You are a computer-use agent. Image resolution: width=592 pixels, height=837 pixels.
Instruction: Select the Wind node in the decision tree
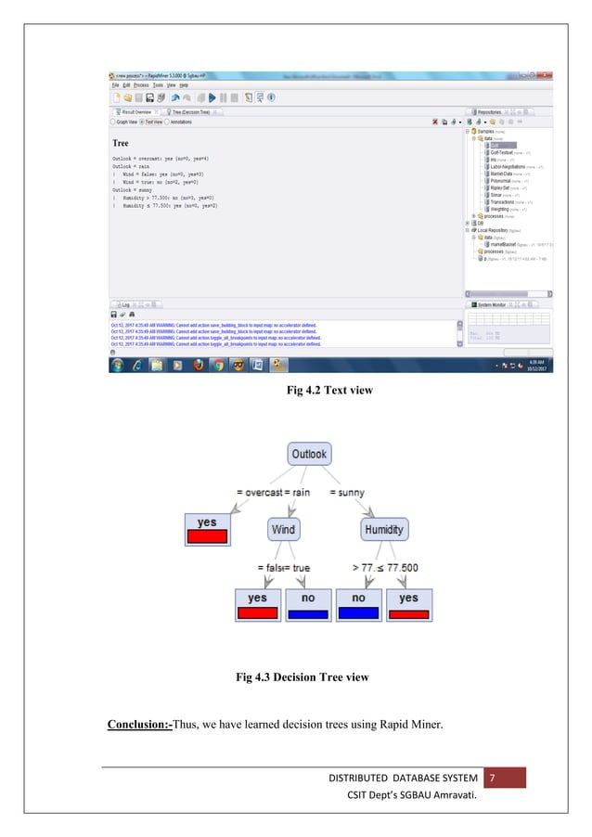283,529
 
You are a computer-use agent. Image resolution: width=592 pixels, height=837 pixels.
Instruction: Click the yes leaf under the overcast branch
207,529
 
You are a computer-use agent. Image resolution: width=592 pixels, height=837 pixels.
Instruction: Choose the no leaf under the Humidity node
358,604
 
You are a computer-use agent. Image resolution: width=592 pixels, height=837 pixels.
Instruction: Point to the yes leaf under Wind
257,604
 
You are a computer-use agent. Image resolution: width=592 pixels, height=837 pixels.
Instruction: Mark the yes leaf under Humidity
409,604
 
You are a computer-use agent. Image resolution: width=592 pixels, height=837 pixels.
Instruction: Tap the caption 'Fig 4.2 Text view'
330,391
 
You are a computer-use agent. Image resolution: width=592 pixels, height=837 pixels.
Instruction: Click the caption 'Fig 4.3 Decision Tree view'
302,677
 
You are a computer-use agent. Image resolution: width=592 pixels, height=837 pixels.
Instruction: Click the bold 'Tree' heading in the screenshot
121,144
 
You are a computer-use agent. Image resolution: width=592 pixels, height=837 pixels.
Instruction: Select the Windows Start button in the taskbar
116,365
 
